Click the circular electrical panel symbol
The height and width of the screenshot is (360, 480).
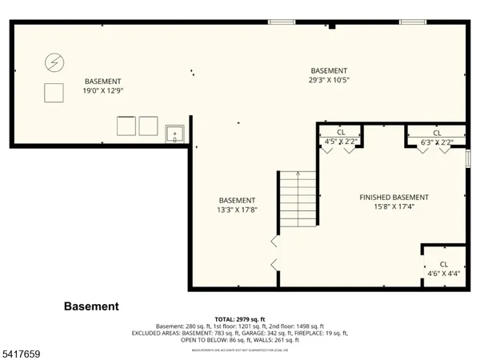coord(54,62)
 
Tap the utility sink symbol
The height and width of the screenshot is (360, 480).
coord(175,134)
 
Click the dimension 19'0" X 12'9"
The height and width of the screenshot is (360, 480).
coord(103,91)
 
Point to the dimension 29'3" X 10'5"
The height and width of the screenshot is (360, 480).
coord(329,80)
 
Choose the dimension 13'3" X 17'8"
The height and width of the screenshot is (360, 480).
coord(238,210)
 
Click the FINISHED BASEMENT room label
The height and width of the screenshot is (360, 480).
coord(394,198)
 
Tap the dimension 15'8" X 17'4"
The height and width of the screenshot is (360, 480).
coord(394,207)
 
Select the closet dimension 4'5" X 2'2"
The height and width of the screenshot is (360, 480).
coord(341,142)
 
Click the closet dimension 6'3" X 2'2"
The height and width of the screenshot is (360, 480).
coord(437,142)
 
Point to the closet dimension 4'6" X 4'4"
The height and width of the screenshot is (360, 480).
coord(443,274)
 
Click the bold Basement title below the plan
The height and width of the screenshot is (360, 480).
coord(91,306)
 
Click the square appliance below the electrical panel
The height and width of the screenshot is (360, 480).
coord(54,93)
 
